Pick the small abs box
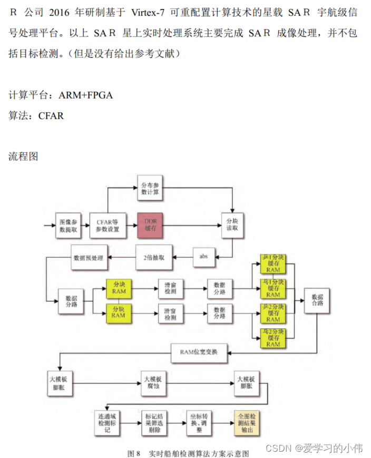pos(203,256)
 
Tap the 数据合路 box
pos(317,300)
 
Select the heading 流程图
pos(24,157)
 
